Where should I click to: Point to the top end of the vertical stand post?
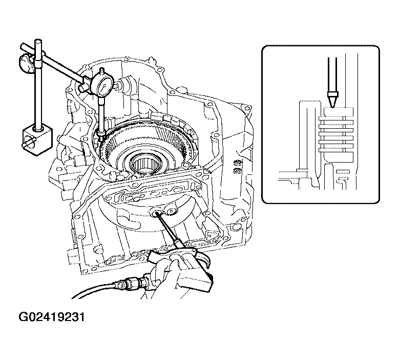38,41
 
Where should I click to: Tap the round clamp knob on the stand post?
26,62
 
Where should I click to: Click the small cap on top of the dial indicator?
102,70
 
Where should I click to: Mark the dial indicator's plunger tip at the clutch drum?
101,139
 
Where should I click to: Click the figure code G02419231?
51,318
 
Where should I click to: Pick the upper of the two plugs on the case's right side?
238,162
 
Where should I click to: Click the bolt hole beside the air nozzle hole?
171,211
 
